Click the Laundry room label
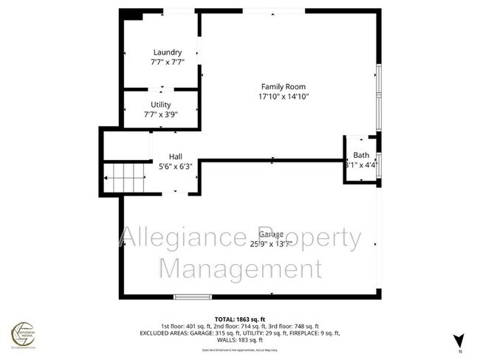167,52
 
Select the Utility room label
161,105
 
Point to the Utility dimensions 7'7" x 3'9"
161,114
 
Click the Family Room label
282,86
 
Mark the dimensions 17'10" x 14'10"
282,96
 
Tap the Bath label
361,155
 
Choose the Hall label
175,156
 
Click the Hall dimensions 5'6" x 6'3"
175,166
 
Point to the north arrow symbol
459,340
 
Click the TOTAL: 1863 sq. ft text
240,318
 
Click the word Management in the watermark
240,268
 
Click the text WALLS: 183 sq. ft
240,340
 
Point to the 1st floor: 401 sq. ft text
186,325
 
